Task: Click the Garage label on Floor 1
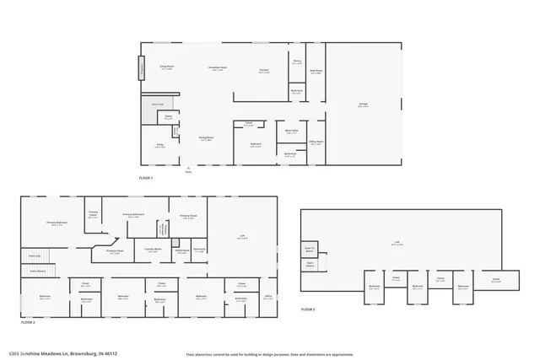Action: (x=362, y=106)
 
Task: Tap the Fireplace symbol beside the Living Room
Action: (x=142, y=67)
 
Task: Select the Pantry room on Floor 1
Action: (x=297, y=62)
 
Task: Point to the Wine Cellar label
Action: (x=291, y=132)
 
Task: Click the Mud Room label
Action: (x=316, y=73)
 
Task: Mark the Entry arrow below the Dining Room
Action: (x=189, y=169)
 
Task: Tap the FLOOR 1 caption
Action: (x=147, y=178)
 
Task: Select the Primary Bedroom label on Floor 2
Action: (x=57, y=224)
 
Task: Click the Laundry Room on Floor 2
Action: (x=153, y=250)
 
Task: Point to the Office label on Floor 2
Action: (x=267, y=297)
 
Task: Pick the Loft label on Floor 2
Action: (x=242, y=239)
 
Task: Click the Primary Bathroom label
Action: (x=133, y=217)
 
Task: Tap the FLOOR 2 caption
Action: (x=29, y=322)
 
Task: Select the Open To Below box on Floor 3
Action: (x=310, y=250)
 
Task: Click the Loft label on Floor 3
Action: (x=397, y=244)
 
